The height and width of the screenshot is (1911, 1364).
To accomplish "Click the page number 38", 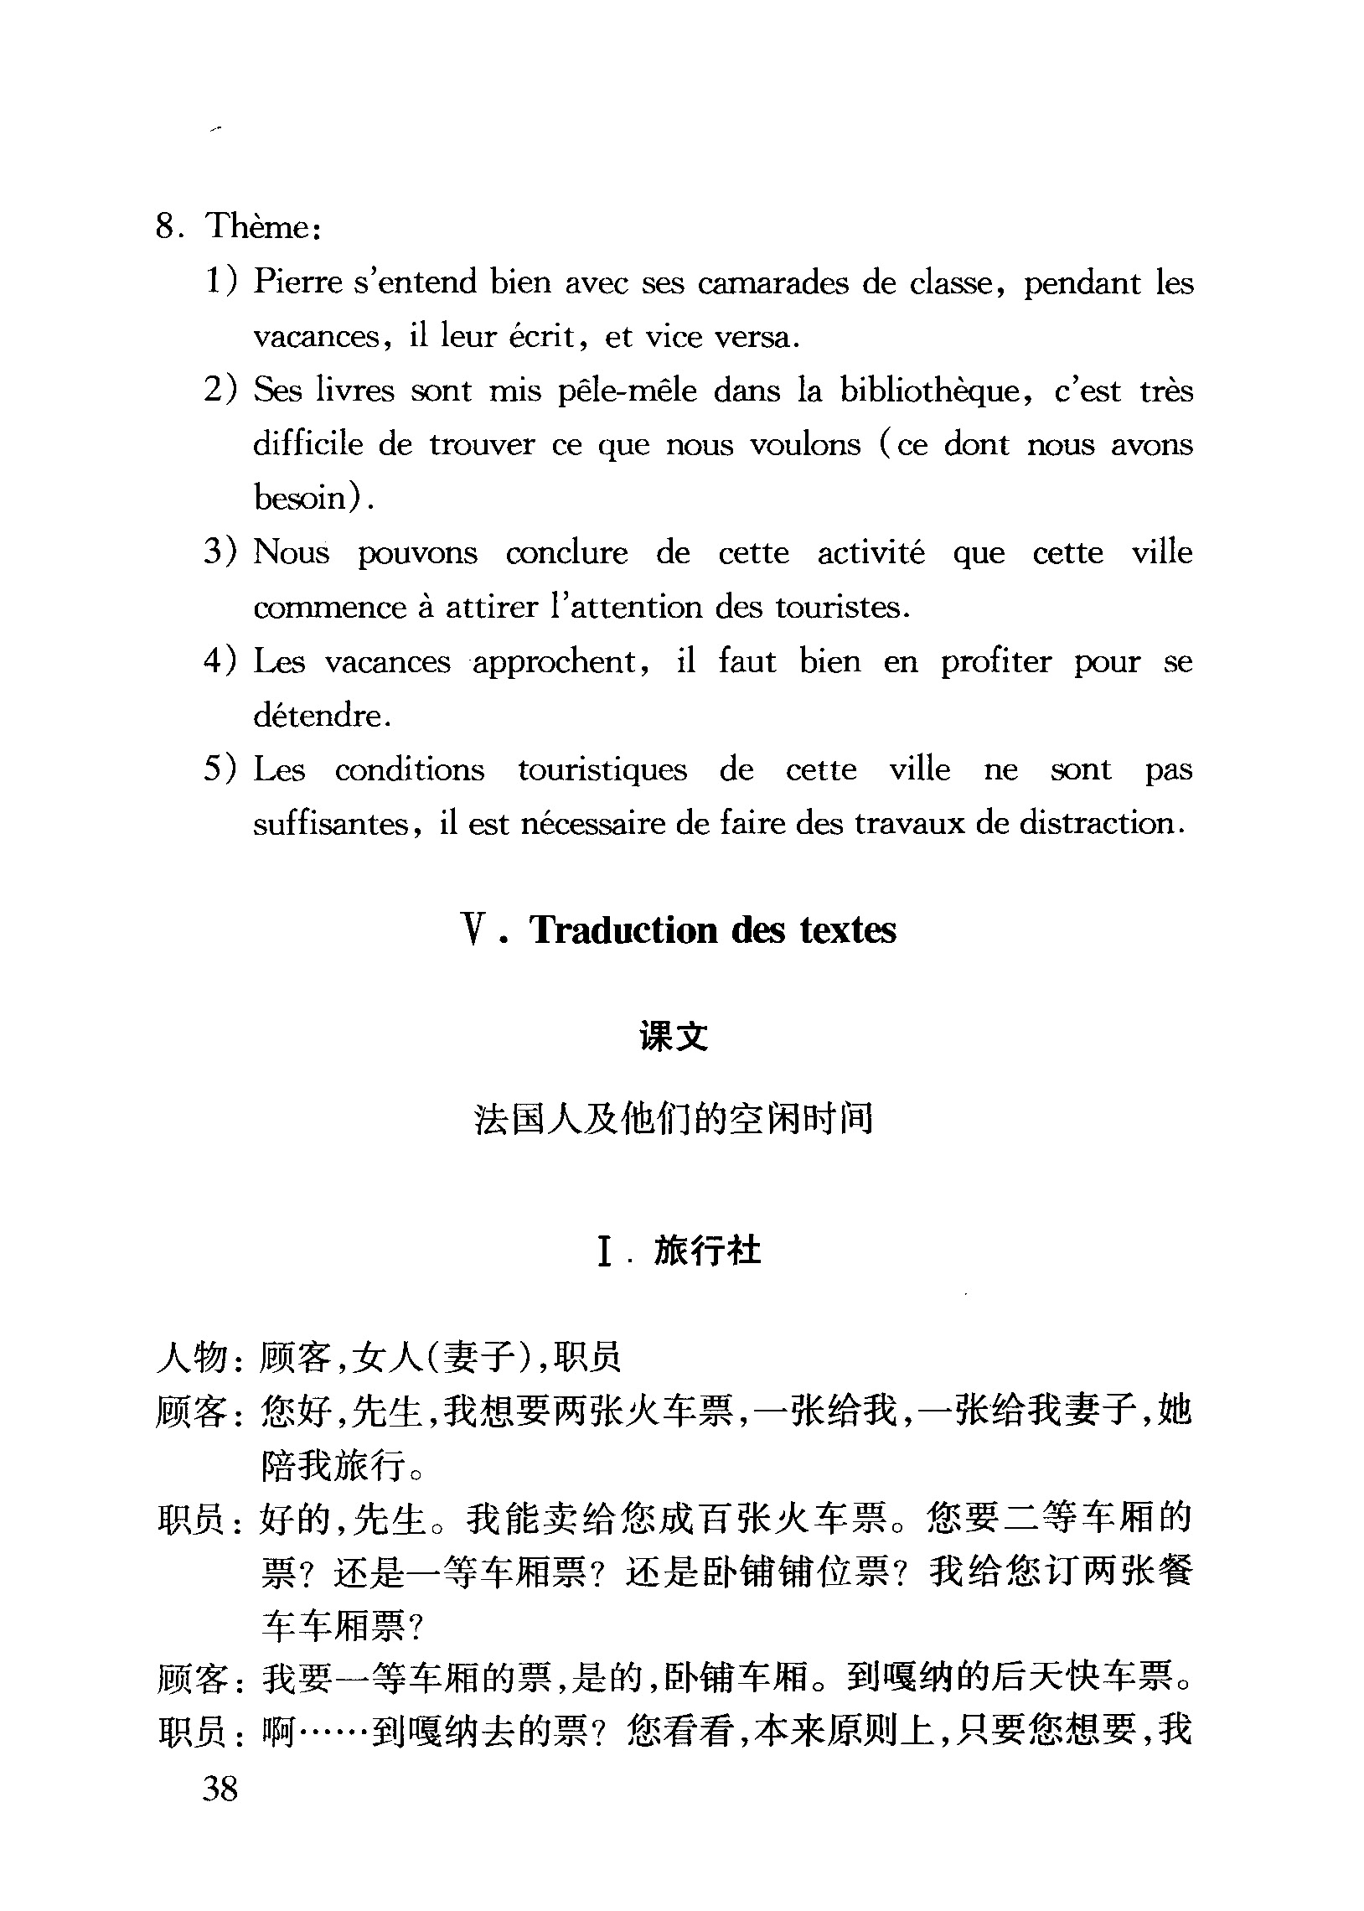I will (220, 1788).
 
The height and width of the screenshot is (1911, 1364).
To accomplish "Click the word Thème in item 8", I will (257, 227).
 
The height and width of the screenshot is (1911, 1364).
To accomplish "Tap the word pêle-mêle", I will (628, 391).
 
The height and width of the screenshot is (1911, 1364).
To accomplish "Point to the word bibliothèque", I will (930, 391).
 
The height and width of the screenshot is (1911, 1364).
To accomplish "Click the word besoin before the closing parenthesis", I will (300, 498).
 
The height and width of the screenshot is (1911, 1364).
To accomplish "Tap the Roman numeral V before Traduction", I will (475, 930).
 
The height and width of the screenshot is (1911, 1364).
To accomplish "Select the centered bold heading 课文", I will (674, 1036).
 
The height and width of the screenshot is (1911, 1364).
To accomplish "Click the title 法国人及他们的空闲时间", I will (674, 1119).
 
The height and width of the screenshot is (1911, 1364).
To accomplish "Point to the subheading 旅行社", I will (707, 1251).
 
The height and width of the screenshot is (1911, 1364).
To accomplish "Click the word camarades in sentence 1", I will (772, 283).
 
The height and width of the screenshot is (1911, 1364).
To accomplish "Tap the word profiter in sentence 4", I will (995, 662).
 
